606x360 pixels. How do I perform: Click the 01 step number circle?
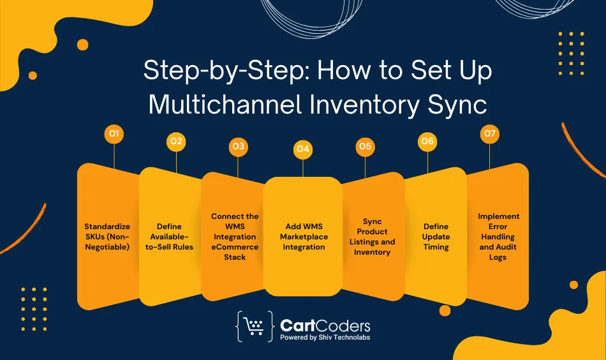[x=114, y=134]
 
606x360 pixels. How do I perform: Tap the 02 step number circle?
[x=176, y=142]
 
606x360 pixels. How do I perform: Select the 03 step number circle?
[x=238, y=147]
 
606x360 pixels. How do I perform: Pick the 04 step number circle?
[x=302, y=149]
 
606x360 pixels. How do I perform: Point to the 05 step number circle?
[x=365, y=147]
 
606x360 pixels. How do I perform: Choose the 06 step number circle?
[x=427, y=141]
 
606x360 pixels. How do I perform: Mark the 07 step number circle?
[x=489, y=134]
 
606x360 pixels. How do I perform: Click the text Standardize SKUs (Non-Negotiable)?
[x=107, y=236]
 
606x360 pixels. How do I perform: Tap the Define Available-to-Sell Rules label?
[x=169, y=236]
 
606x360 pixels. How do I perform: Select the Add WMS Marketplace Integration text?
[x=303, y=236]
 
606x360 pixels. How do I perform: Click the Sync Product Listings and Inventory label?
[x=373, y=236]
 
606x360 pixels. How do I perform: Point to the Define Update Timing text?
[x=436, y=236]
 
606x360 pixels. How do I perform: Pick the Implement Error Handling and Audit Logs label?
[x=498, y=236]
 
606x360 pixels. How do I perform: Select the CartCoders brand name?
[x=325, y=326]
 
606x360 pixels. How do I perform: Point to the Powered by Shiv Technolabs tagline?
[x=325, y=338]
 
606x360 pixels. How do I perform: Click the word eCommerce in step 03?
[x=235, y=246]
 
